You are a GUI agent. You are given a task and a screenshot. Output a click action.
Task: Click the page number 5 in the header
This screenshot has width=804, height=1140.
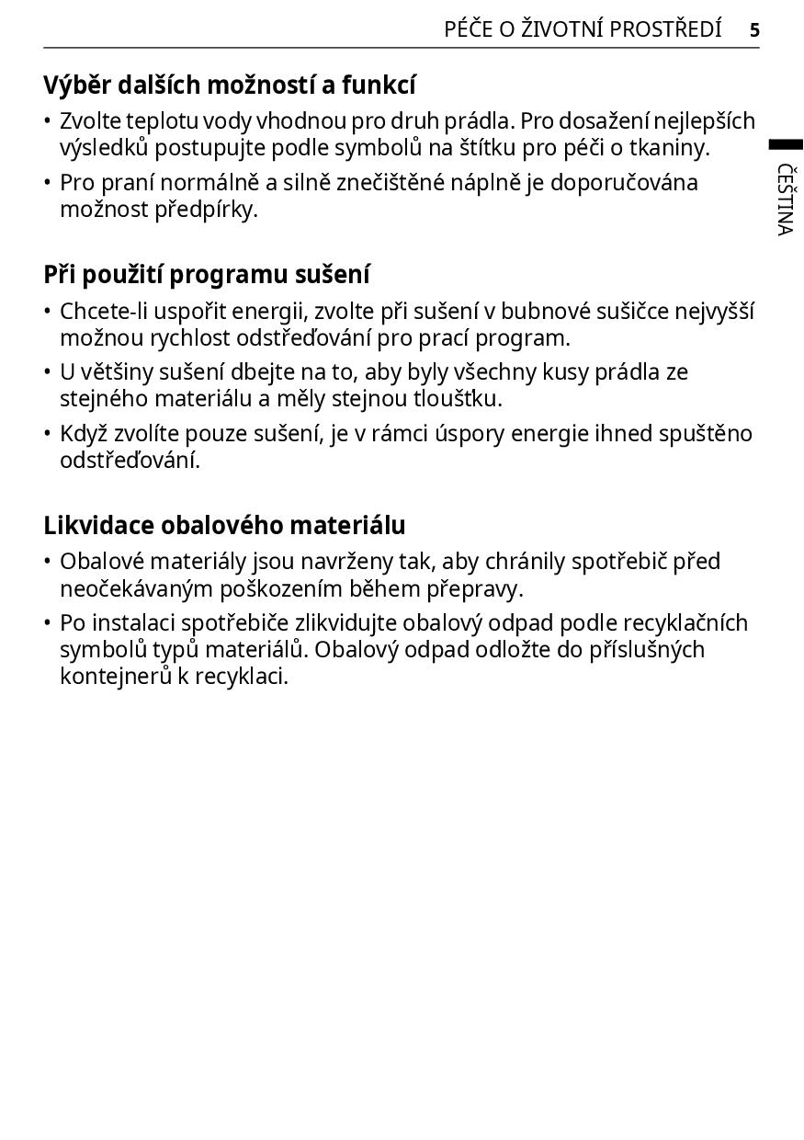click(x=754, y=30)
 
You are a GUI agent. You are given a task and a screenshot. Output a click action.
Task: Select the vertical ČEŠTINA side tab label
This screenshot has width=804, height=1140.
click(x=785, y=199)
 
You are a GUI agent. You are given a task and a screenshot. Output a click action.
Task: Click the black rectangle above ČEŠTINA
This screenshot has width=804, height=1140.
click(x=786, y=144)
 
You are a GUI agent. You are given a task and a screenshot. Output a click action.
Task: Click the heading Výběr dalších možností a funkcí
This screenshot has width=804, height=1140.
click(x=230, y=85)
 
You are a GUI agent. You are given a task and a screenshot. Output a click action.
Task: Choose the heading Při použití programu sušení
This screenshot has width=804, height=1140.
click(x=207, y=275)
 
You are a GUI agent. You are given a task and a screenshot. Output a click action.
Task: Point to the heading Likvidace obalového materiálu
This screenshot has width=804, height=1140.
click(x=224, y=526)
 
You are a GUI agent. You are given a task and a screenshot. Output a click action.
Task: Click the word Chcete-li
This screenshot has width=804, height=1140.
click(x=104, y=312)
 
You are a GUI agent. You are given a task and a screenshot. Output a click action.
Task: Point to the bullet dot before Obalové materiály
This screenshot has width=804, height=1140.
click(x=48, y=562)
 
